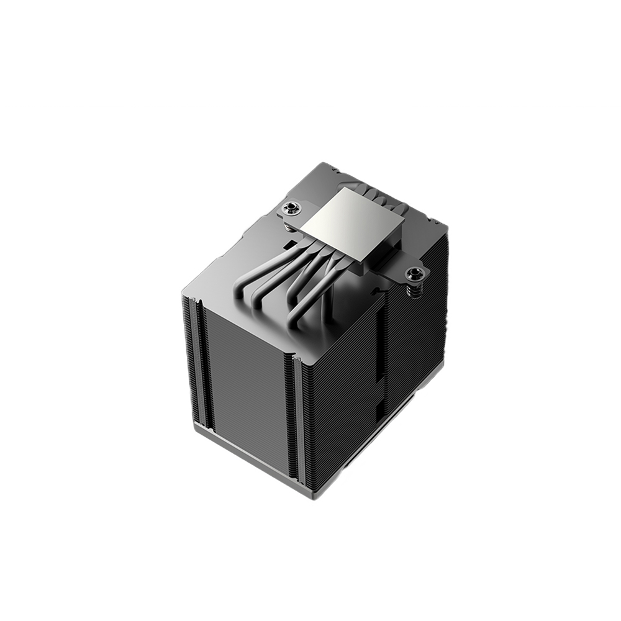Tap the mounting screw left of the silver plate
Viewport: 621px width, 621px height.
pos(289,207)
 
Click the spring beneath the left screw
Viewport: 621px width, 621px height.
pos(289,227)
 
